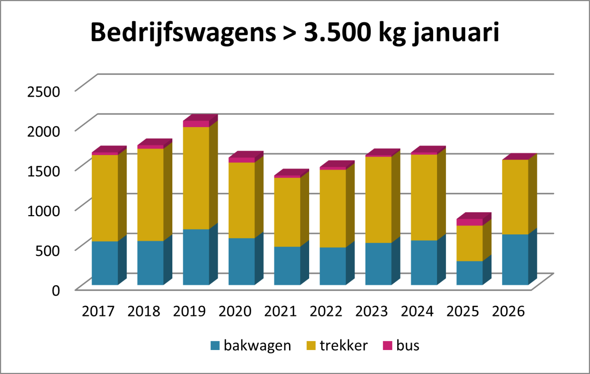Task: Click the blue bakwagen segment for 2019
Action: pyautogui.click(x=196, y=257)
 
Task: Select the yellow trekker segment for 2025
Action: pyautogui.click(x=470, y=243)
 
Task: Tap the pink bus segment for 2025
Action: pyautogui.click(x=470, y=222)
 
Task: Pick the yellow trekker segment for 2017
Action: pyautogui.click(x=105, y=198)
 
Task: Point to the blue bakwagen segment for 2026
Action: pyautogui.click(x=515, y=260)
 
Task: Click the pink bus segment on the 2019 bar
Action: pyautogui.click(x=196, y=124)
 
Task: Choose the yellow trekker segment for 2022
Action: pyautogui.click(x=333, y=208)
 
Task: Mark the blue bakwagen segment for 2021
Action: pyautogui.click(x=287, y=265)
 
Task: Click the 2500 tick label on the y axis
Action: pyautogui.click(x=44, y=92)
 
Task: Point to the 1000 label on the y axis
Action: pyautogui.click(x=44, y=211)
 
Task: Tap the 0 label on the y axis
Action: pyautogui.click(x=56, y=291)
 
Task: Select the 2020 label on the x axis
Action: pyautogui.click(x=235, y=311)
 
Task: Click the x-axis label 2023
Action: pyautogui.click(x=371, y=311)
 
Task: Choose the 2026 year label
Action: pyautogui.click(x=508, y=311)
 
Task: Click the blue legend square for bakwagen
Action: pyautogui.click(x=215, y=346)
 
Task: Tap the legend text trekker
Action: pyautogui.click(x=343, y=346)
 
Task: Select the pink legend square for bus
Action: pyautogui.click(x=387, y=346)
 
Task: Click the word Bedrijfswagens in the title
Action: pyautogui.click(x=183, y=32)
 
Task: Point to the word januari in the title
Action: pyautogui.click(x=456, y=32)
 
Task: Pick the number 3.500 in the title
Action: pyautogui.click(x=337, y=32)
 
